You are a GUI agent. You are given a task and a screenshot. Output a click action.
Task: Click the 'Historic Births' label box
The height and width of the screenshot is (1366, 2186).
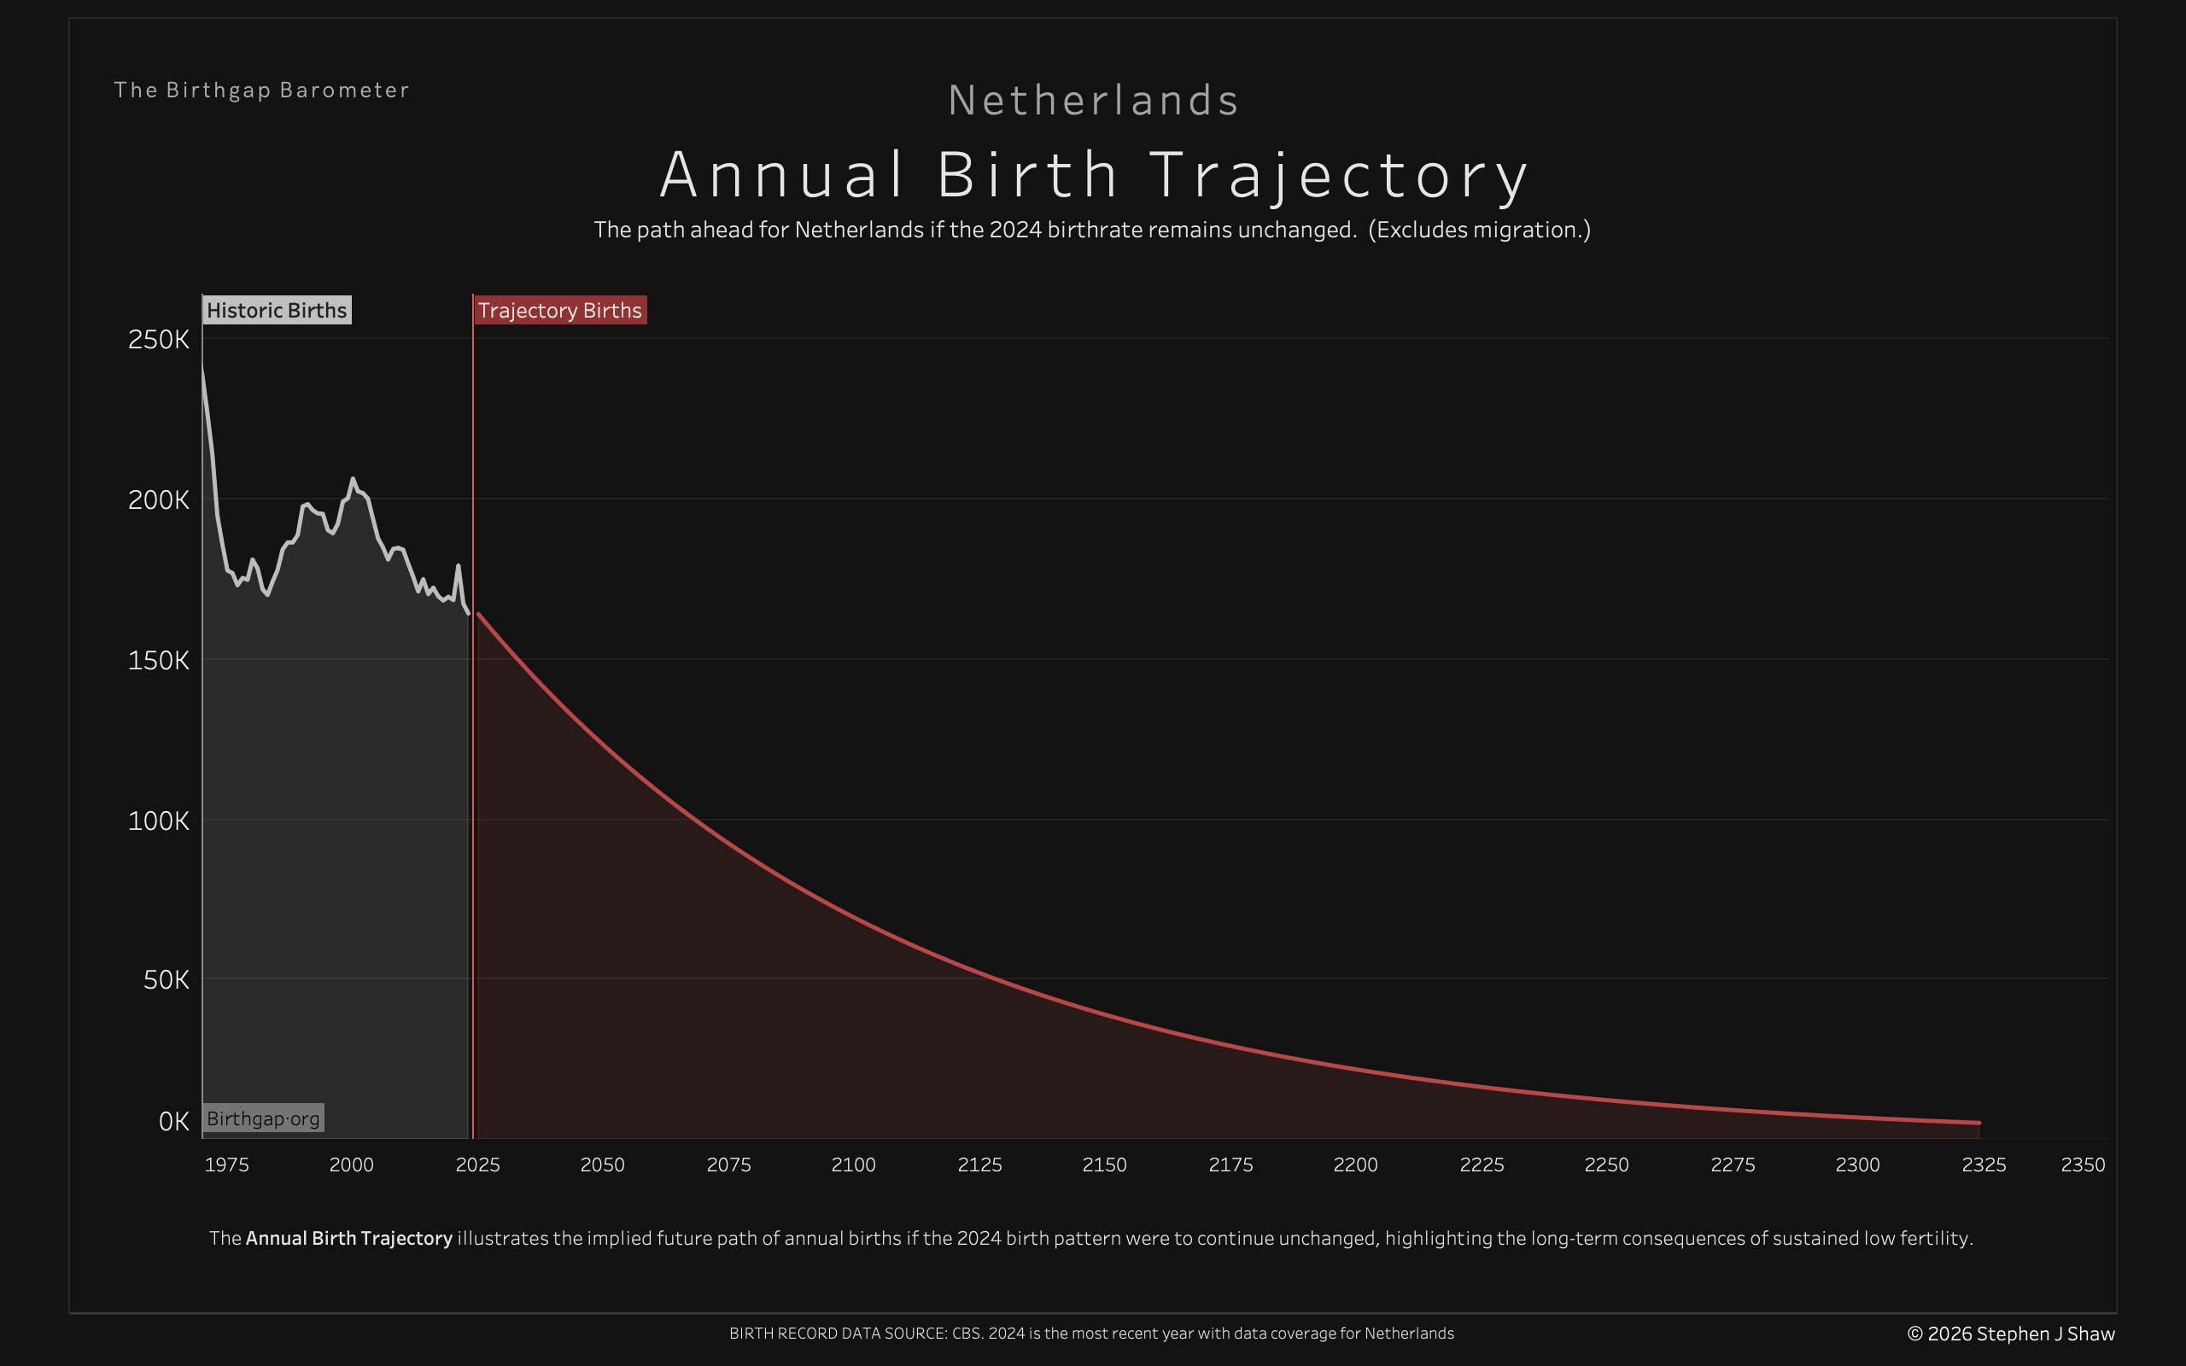click(277, 310)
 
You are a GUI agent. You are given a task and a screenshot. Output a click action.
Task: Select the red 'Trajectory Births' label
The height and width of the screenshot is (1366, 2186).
click(559, 310)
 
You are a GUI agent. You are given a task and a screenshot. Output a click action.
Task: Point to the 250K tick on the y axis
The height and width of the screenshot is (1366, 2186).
click(159, 340)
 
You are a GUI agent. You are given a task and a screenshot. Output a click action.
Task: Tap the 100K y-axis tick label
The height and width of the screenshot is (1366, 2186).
click(159, 820)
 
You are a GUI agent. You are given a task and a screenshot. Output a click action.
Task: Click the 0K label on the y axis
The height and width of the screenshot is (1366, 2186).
click(173, 1121)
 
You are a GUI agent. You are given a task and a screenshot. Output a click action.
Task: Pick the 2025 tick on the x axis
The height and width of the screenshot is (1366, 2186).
click(477, 1165)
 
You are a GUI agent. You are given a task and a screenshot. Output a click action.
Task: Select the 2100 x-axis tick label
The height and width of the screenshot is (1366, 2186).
click(853, 1165)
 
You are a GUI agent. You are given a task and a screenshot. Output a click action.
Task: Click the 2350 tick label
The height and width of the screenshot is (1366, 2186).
click(2082, 1165)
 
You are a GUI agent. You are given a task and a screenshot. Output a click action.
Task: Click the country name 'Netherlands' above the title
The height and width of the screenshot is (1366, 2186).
click(1093, 100)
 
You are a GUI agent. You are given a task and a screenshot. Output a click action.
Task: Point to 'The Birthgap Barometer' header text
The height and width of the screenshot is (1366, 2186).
click(261, 90)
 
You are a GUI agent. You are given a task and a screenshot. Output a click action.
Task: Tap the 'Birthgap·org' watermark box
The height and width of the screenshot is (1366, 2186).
click(263, 1118)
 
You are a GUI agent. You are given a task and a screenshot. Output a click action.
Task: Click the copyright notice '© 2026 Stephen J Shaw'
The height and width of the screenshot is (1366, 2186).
click(2011, 1334)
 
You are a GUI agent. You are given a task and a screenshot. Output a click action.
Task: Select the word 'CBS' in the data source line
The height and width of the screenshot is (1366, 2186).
click(966, 1334)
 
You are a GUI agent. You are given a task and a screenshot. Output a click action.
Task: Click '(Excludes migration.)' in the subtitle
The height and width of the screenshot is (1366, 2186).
click(1479, 230)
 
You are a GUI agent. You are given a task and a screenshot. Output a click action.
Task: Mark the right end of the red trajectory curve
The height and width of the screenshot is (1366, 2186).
click(1979, 1123)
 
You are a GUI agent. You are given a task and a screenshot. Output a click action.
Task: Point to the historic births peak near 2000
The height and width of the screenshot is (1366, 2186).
click(353, 479)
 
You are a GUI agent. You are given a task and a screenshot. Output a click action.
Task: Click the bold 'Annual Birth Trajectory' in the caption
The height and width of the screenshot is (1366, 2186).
click(348, 1238)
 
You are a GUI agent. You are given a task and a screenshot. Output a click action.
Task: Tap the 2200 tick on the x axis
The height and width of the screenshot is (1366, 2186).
click(1355, 1165)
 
